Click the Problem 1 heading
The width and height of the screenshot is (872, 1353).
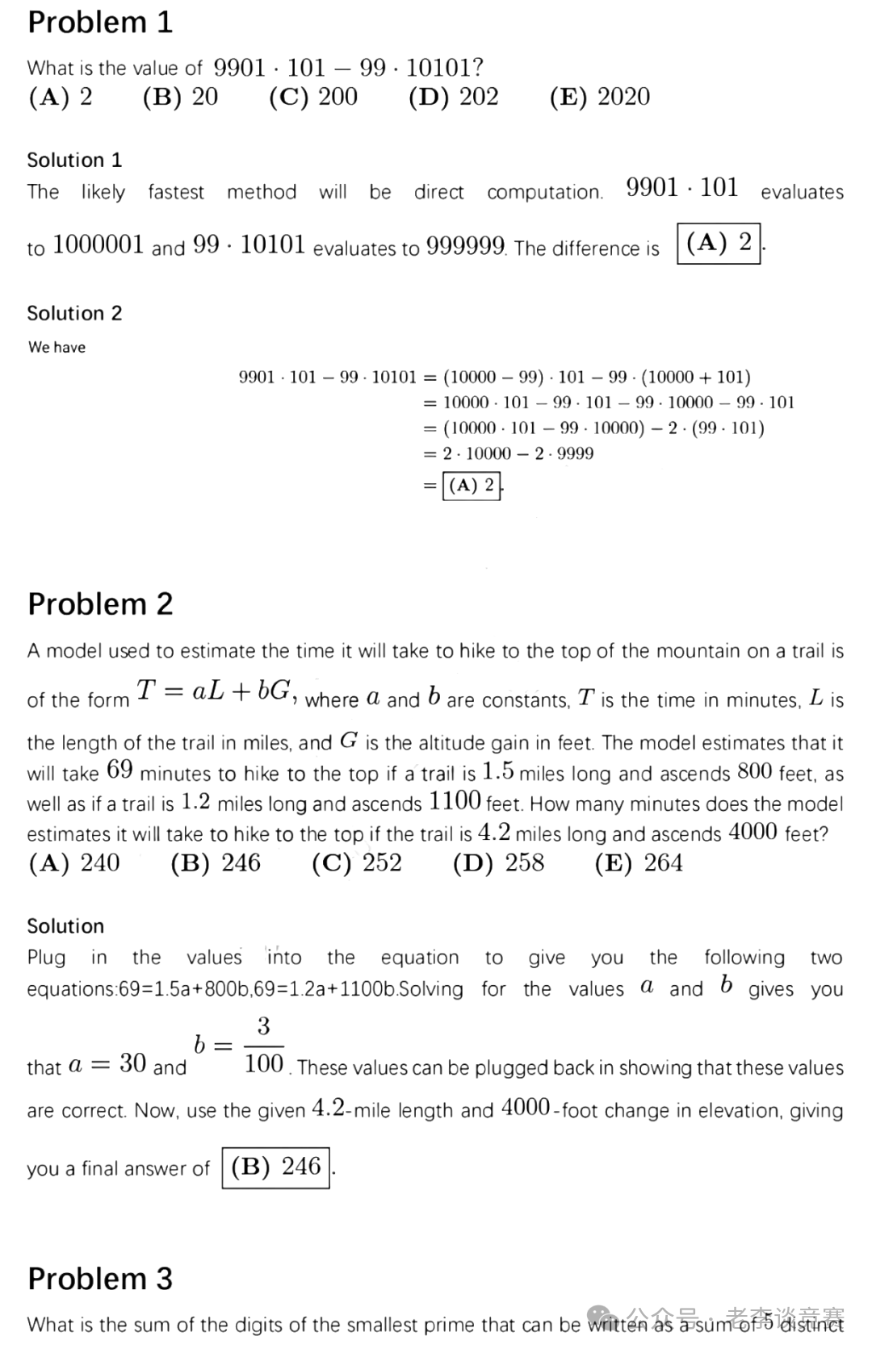100,23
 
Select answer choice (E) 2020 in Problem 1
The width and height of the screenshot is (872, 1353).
599,97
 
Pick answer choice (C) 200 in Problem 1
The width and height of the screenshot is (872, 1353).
313,97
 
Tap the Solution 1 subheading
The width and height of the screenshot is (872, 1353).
74,160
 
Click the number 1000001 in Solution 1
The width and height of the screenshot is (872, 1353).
98,244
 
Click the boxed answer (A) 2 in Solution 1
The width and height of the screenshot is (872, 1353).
719,243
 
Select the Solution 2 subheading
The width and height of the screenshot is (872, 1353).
74,313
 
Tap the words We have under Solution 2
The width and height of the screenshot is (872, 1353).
57,347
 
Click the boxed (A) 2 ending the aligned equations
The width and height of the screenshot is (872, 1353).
472,485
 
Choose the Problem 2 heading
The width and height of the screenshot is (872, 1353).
100,603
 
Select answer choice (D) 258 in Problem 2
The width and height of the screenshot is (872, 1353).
499,863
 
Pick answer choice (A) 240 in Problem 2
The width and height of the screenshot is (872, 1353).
74,863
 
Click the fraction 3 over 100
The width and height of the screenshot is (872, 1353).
263,1046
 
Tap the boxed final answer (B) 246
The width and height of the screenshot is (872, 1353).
276,1167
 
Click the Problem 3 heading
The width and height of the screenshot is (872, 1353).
100,1279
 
